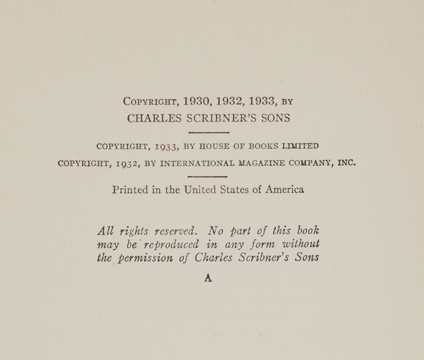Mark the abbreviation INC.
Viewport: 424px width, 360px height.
[x=346, y=163]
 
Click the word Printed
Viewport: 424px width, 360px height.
[x=130, y=189]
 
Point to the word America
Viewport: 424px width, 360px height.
[x=284, y=189]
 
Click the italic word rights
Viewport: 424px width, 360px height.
[x=134, y=231]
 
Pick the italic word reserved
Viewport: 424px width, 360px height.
[x=175, y=231]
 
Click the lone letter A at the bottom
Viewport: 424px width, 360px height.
[x=208, y=278]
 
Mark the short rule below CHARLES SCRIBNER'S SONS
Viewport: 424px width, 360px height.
[x=209, y=133]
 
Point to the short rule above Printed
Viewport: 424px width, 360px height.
[x=207, y=177]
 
